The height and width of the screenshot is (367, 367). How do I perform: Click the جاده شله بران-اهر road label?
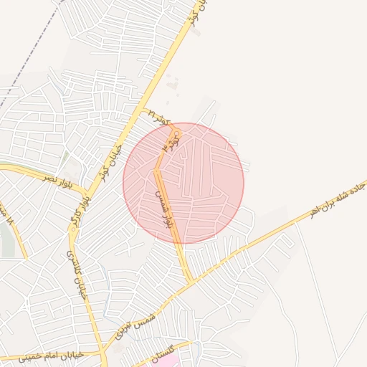click(x=337, y=200)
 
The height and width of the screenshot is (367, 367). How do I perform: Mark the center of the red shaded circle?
click(x=183, y=183)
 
